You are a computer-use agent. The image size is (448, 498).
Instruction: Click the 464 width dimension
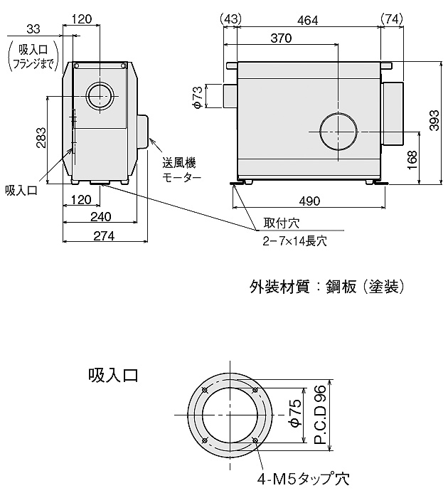(x=307, y=20)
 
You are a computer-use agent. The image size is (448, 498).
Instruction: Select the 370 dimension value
(x=282, y=39)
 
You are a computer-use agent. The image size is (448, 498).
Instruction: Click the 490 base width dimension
(x=309, y=201)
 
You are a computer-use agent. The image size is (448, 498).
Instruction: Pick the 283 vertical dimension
(x=41, y=137)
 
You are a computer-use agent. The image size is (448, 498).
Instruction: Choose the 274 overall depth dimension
(x=103, y=236)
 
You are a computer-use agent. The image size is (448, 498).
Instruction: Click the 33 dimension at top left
(x=32, y=28)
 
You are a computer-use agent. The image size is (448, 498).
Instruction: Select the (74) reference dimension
(x=393, y=20)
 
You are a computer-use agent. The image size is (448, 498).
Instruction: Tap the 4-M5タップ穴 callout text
(x=305, y=479)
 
